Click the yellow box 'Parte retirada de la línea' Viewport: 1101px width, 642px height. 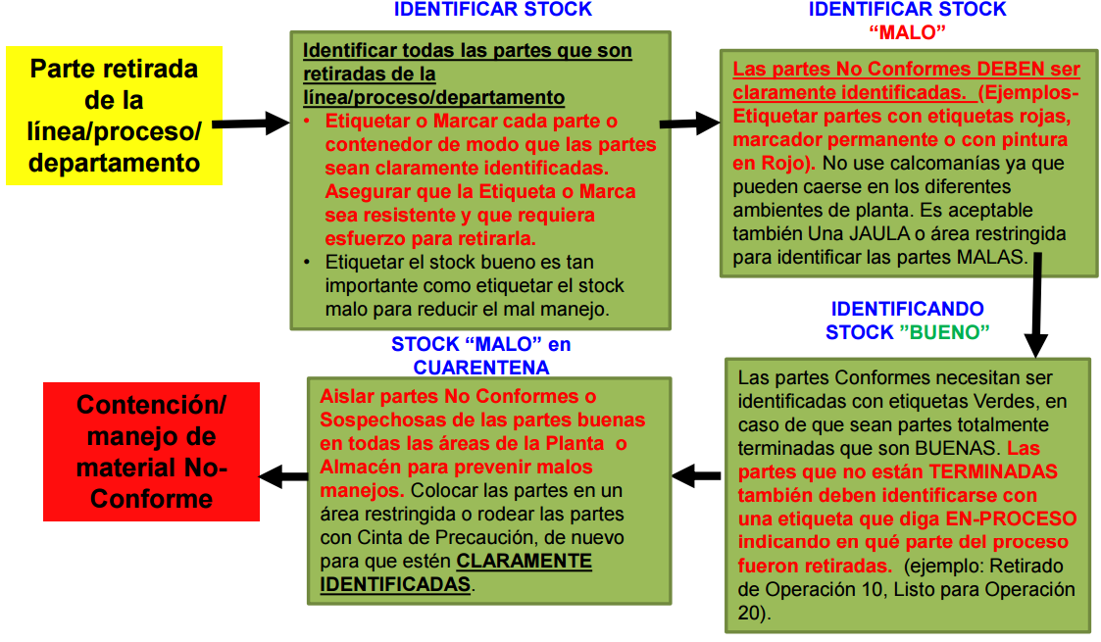coord(114,116)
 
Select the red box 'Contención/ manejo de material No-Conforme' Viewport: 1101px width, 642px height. coord(152,451)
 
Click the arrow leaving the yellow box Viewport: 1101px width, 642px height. coord(251,124)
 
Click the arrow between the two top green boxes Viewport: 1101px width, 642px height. coord(690,123)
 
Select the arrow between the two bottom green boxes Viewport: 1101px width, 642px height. coord(697,476)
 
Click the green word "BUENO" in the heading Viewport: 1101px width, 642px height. coord(944,332)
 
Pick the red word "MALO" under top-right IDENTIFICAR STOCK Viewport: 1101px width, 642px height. coord(907,32)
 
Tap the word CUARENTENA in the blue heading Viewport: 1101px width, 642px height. coord(480,368)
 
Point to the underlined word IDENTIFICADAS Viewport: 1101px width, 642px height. coord(396,584)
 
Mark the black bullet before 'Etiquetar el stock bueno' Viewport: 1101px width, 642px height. coord(309,264)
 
